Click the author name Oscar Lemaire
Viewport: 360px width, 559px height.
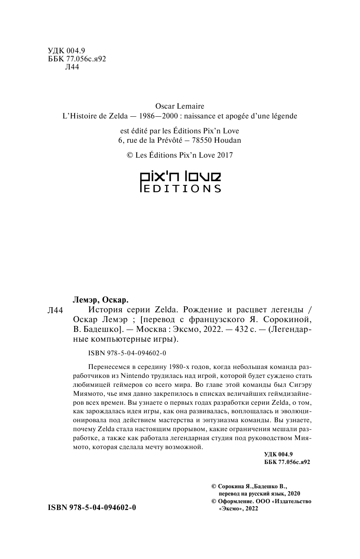click(181, 106)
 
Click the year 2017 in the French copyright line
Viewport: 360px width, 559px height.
click(224, 156)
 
